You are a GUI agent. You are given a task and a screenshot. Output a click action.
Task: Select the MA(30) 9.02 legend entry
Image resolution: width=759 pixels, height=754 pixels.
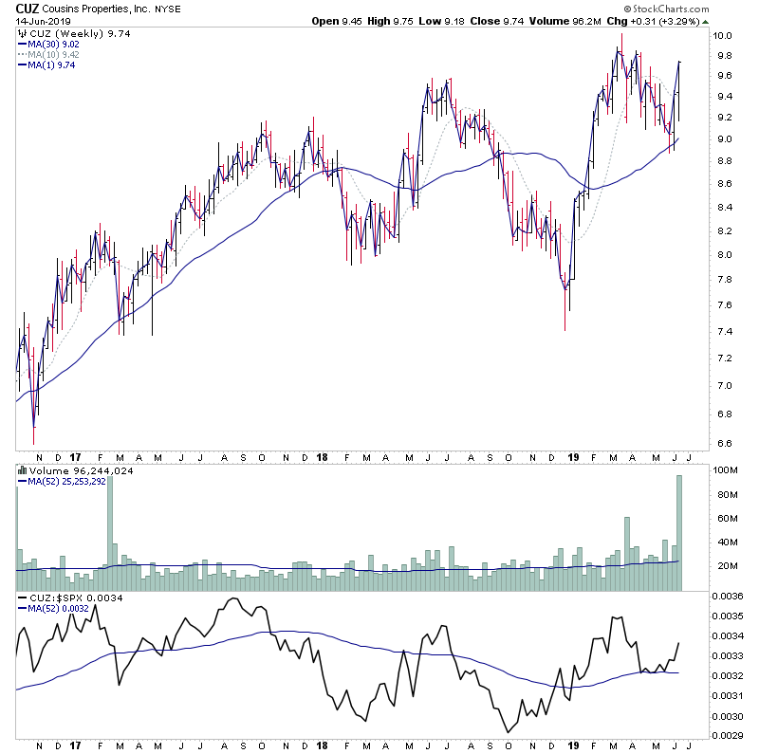pos(51,43)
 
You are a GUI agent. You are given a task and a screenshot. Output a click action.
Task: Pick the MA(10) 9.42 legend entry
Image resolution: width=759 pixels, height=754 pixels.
pos(51,54)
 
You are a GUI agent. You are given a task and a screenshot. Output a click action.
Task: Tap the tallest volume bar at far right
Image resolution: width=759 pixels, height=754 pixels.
pos(679,532)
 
